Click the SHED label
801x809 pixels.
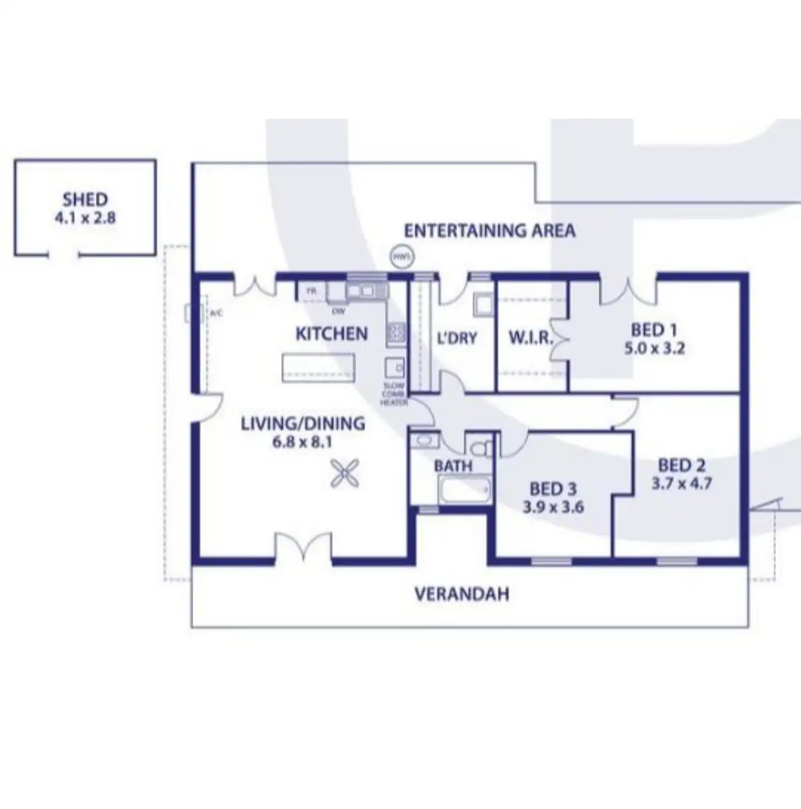click(85, 199)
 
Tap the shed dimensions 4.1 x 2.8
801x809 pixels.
click(85, 217)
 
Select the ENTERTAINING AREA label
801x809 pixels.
click(489, 231)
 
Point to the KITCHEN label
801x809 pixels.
click(331, 333)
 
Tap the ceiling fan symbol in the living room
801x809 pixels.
click(345, 474)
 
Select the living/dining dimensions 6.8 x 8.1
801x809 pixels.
click(302, 442)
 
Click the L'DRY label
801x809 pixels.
click(457, 338)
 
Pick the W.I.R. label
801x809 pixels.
click(531, 337)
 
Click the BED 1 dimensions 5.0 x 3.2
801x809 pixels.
click(654, 348)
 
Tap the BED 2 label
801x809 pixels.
click(682, 465)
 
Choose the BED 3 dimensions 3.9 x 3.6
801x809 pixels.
click(553, 508)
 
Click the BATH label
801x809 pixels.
click(453, 466)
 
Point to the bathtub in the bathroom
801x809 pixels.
click(464, 492)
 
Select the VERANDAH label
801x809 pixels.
click(462, 594)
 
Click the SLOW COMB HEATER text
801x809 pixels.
click(394, 394)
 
